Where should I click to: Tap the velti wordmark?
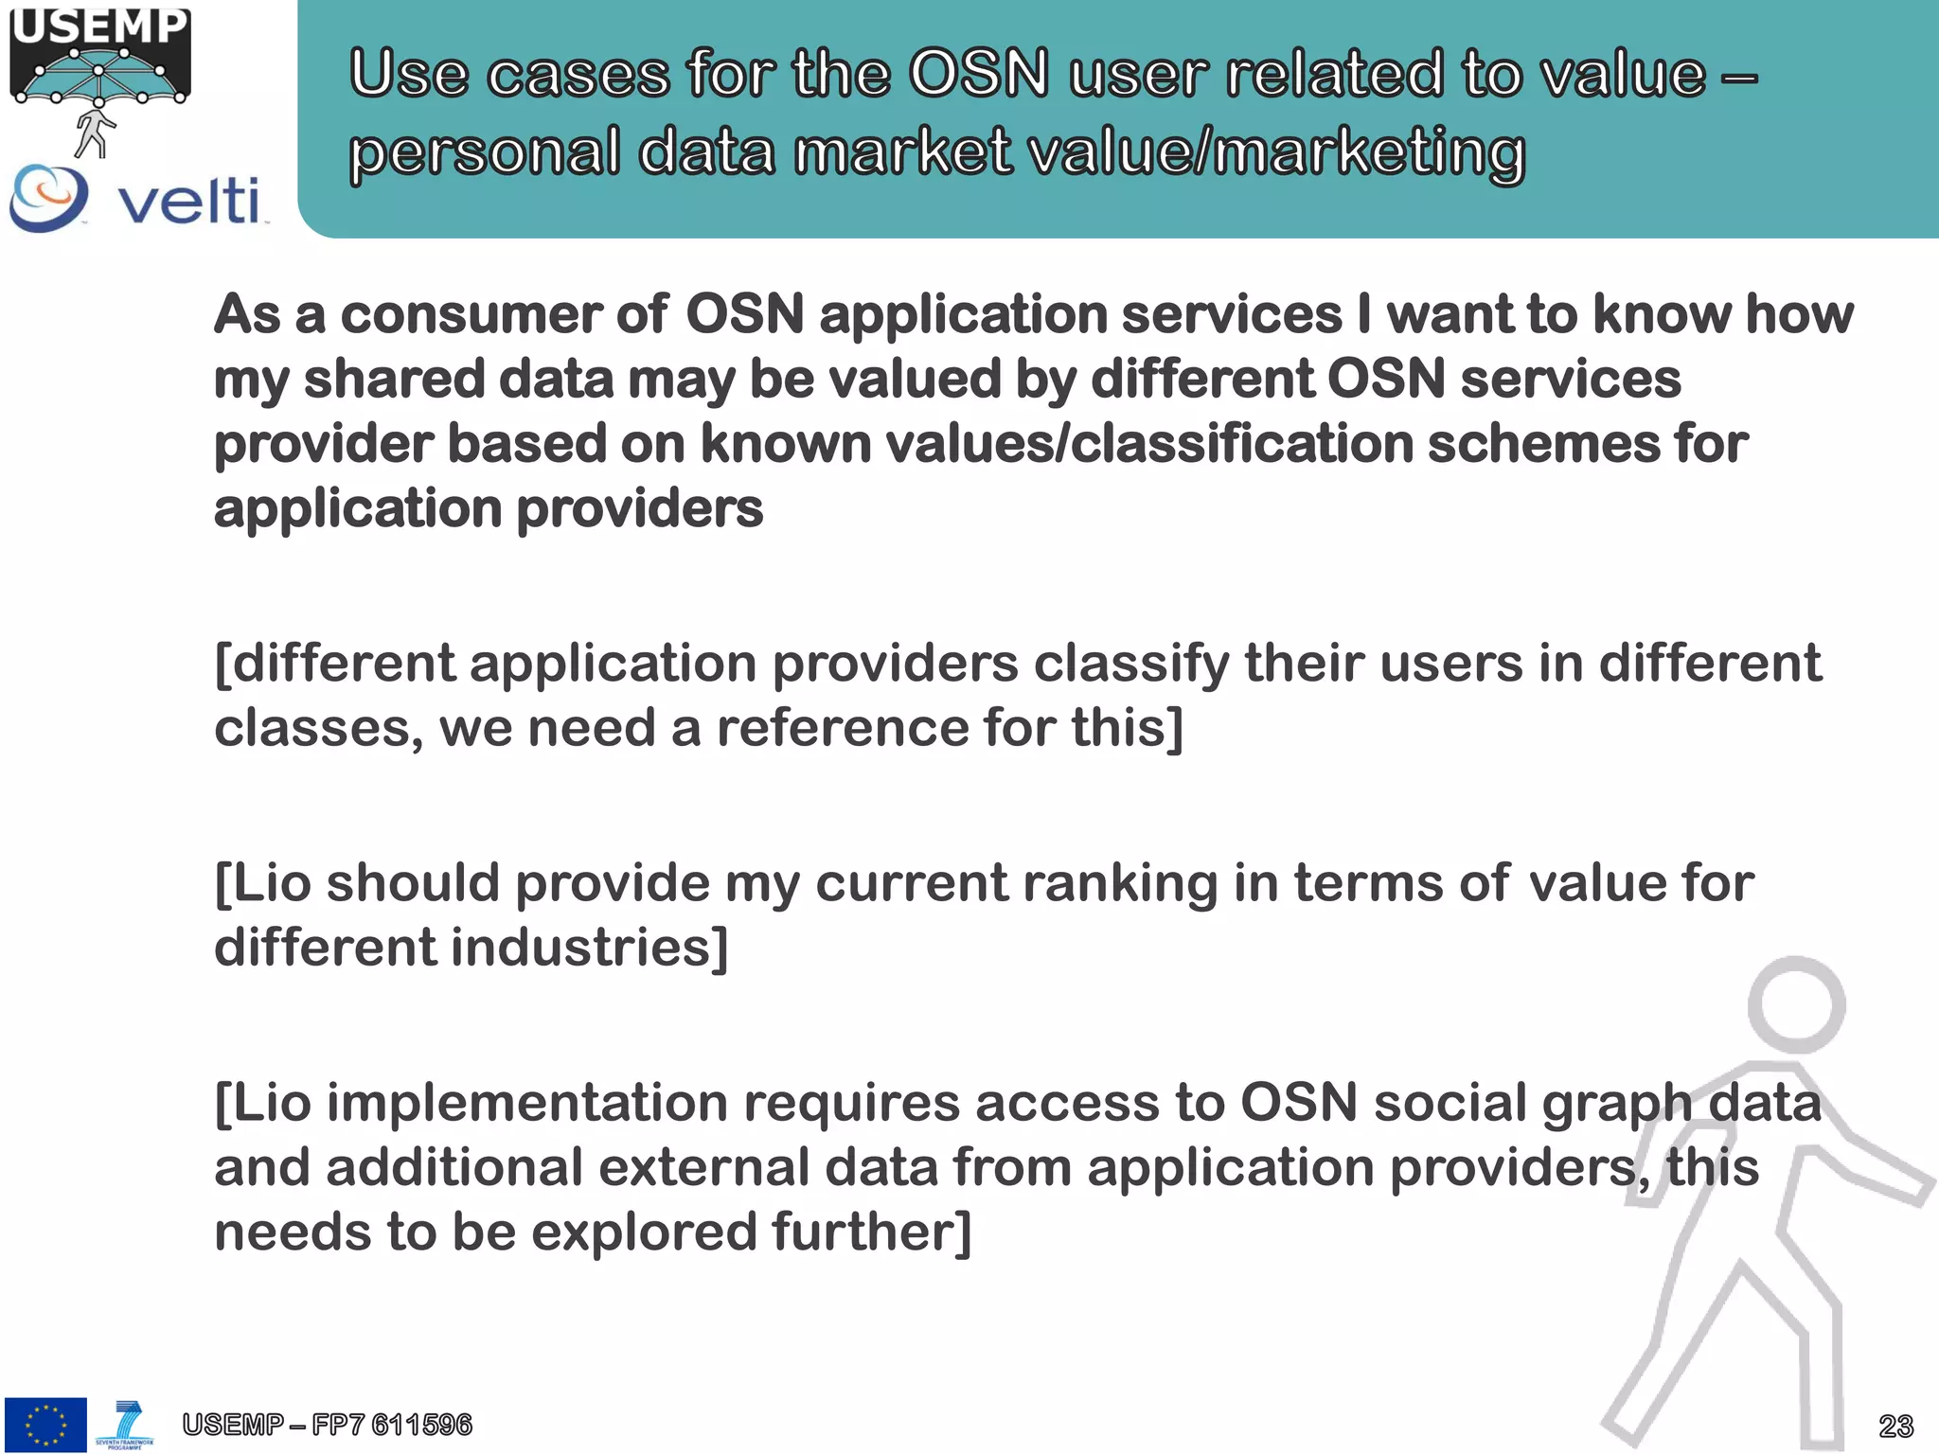coord(188,200)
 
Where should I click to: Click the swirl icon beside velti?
coord(47,197)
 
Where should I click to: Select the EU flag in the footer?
coord(44,1424)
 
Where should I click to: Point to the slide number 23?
coord(1895,1426)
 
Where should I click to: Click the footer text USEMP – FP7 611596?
coord(327,1424)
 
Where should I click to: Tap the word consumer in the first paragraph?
coord(470,314)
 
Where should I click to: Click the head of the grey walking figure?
coord(1796,1003)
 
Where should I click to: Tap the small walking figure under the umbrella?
coord(94,133)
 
